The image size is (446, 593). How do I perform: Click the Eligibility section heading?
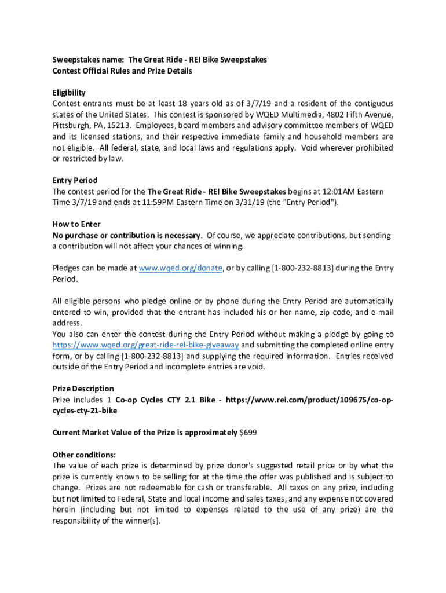click(x=69, y=93)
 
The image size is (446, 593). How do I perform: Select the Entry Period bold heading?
click(x=75, y=180)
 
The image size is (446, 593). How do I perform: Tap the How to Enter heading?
click(x=76, y=224)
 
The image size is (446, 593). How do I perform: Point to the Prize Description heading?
click(x=83, y=389)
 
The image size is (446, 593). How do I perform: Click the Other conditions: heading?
click(x=84, y=454)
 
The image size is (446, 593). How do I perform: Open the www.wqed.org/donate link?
click(x=181, y=268)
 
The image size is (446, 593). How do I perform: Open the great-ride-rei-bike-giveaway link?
click(x=145, y=345)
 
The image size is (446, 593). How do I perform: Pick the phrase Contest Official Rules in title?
click(x=94, y=71)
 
